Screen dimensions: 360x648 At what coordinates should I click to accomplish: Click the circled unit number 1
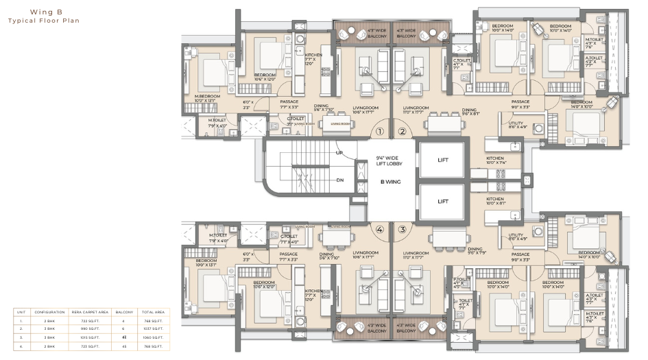[378, 132]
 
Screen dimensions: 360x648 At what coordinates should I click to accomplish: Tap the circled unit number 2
[403, 132]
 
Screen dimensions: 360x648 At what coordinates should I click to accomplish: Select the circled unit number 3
[403, 230]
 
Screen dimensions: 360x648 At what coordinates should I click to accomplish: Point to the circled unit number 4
[378, 230]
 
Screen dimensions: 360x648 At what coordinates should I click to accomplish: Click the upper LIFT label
[443, 159]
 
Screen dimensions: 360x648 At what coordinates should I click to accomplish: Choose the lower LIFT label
[443, 201]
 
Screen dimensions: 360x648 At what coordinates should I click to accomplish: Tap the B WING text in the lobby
[392, 182]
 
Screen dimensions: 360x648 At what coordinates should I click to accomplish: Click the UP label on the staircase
[339, 152]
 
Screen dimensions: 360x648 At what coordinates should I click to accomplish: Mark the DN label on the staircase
[339, 181]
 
